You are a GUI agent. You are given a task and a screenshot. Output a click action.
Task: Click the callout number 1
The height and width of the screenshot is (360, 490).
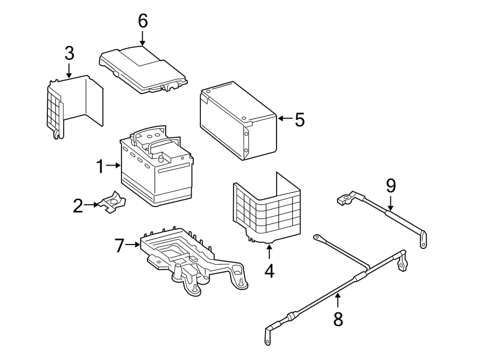[x=100, y=166]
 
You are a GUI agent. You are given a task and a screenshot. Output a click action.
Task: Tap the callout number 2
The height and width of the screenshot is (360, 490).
[x=78, y=206]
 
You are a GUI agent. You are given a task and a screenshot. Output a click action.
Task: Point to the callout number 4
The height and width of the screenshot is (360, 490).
[x=269, y=270]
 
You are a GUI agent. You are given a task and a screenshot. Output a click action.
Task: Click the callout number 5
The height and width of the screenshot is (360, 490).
[x=300, y=119]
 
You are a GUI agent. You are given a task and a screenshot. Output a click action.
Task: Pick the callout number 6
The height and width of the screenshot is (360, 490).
[x=143, y=21]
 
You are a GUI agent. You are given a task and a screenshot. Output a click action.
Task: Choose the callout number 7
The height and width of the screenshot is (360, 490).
[x=120, y=246]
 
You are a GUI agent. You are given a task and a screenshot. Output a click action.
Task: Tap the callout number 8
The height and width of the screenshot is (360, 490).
[x=338, y=319]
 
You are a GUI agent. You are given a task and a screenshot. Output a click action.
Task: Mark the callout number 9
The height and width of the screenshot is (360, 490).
[x=391, y=186]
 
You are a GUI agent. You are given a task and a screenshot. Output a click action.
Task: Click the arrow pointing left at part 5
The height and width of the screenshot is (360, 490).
[x=284, y=118]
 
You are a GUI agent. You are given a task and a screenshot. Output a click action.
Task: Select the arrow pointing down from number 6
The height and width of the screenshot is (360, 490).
[x=143, y=38]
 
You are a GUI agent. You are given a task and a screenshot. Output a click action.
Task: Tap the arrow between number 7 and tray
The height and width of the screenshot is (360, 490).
[x=133, y=245]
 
